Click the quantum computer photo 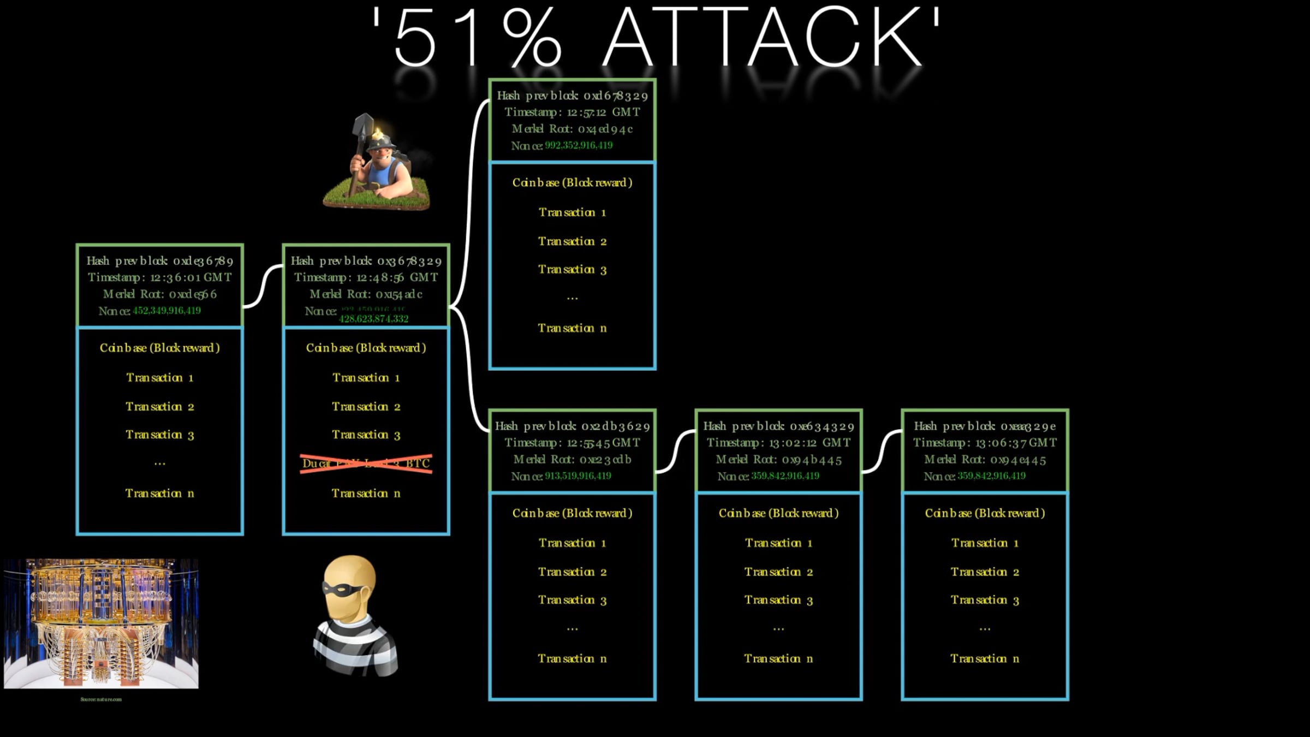pyautogui.click(x=102, y=623)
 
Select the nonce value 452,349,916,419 pyautogui.click(x=166, y=311)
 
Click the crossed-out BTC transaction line pyautogui.click(x=366, y=463)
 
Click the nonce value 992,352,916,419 pyautogui.click(x=579, y=145)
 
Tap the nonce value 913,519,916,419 pyautogui.click(x=577, y=476)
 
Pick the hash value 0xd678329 pyautogui.click(x=616, y=96)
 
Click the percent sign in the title pyautogui.click(x=532, y=38)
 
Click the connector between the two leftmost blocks pyautogui.click(x=263, y=287)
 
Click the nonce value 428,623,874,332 pyautogui.click(x=373, y=319)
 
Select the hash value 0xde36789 pyautogui.click(x=203, y=261)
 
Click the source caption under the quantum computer pyautogui.click(x=101, y=699)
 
